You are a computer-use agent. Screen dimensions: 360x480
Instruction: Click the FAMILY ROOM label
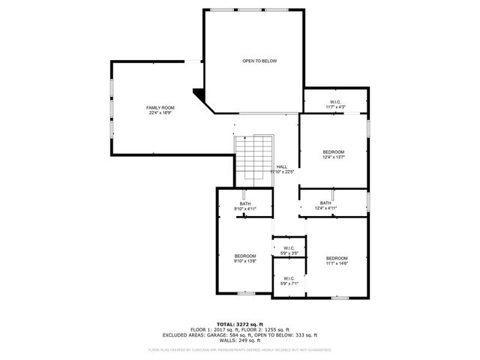pyautogui.click(x=160, y=108)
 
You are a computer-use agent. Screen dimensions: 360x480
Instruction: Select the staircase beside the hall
pyautogui.click(x=253, y=159)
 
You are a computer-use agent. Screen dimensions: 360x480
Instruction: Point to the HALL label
pyautogui.click(x=281, y=166)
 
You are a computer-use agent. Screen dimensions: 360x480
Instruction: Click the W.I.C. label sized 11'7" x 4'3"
pyautogui.click(x=335, y=102)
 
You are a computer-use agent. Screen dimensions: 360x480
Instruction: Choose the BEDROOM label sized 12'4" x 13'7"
pyautogui.click(x=333, y=151)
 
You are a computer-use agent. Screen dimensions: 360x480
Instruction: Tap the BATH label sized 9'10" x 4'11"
pyautogui.click(x=245, y=204)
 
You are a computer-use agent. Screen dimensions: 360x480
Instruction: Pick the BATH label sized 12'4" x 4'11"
pyautogui.click(x=325, y=202)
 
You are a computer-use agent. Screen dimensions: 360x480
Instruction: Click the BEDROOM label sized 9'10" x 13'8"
pyautogui.click(x=244, y=256)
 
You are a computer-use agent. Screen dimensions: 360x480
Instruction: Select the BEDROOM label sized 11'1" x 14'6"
pyautogui.click(x=337, y=258)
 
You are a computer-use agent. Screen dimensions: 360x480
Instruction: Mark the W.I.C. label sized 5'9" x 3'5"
pyautogui.click(x=289, y=248)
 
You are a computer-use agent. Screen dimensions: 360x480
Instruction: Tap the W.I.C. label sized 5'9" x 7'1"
pyautogui.click(x=289, y=278)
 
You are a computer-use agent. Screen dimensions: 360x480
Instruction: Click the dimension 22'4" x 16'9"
pyautogui.click(x=160, y=113)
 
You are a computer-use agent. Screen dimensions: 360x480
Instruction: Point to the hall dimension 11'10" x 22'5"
pyautogui.click(x=282, y=172)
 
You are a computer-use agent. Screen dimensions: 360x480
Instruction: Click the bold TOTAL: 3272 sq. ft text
pyautogui.click(x=240, y=324)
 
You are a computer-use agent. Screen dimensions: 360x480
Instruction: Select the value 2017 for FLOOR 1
pyautogui.click(x=221, y=330)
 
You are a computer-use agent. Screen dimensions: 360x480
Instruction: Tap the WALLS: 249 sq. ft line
pyautogui.click(x=240, y=341)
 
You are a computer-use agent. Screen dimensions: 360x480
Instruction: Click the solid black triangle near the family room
pyautogui.click(x=199, y=95)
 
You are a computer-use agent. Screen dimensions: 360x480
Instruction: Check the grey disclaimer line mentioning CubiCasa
pyautogui.click(x=240, y=349)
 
